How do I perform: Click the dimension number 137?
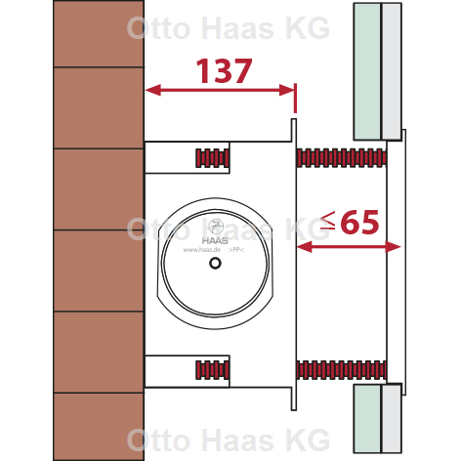coord(224,71)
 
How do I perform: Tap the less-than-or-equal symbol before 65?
coord(328,221)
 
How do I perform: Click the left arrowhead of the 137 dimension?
coord(153,90)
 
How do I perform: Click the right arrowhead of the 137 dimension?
coord(287,90)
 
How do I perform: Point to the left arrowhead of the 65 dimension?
coord(305,247)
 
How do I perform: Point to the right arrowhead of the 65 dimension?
coord(393,247)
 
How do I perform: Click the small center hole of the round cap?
coord(215,263)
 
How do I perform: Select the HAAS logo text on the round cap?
coord(215,240)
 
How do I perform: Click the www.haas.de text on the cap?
coord(202,250)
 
